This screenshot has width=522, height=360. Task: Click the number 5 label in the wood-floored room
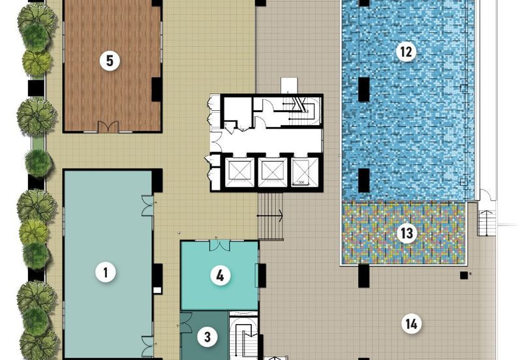coord(110,61)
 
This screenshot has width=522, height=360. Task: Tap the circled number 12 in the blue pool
coord(406,52)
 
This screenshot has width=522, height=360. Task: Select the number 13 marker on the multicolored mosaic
coord(407,233)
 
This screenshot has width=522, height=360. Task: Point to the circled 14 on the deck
coord(411,323)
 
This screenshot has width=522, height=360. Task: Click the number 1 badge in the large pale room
coord(105,272)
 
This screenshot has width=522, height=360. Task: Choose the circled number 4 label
coord(220,276)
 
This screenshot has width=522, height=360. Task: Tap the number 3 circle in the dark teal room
coord(207,337)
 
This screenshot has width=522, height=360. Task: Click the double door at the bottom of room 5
coord(107,127)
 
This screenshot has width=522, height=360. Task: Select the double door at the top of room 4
coord(220,245)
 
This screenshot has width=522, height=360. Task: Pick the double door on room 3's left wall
coord(185,322)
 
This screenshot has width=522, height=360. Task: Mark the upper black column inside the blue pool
coord(363,89)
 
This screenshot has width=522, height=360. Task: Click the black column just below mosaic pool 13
coord(363,277)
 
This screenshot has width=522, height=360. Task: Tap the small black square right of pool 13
coord(463,275)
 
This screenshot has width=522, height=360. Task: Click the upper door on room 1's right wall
coord(148,205)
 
